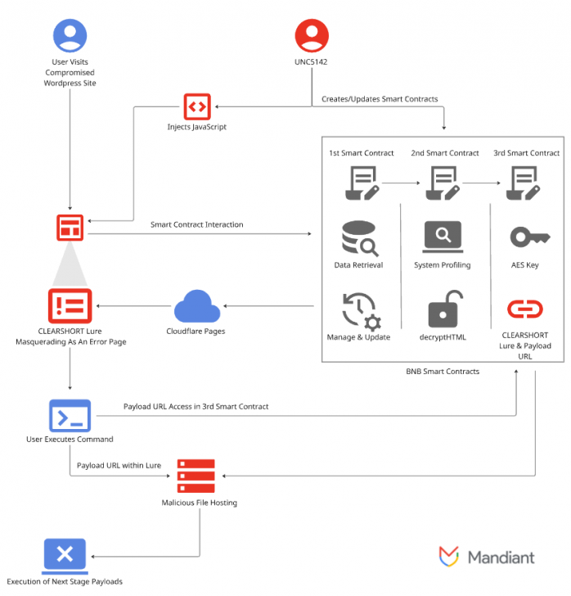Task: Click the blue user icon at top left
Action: pos(70,37)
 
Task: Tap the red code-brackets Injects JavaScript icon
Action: pos(196,106)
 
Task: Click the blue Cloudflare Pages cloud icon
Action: pos(196,307)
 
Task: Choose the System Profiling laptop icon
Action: pos(443,237)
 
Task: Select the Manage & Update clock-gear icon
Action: pos(358,309)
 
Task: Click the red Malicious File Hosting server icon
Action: pos(196,476)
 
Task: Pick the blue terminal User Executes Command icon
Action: pos(70,416)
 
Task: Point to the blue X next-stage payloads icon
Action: pos(65,554)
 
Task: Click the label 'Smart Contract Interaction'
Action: pos(196,224)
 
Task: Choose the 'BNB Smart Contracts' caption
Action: pos(443,371)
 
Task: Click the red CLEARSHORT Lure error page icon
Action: pos(70,306)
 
